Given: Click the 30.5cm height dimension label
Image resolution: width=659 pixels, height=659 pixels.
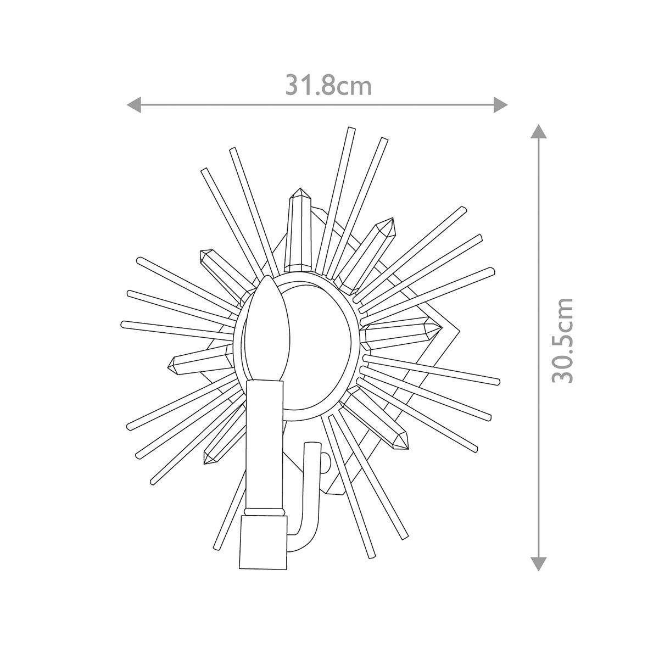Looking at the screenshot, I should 563,340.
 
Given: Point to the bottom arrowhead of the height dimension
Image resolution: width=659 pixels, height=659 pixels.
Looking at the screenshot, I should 538,563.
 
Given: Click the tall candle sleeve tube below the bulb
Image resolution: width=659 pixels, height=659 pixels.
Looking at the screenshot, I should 265,445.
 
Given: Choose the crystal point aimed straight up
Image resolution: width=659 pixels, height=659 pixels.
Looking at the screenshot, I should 300,231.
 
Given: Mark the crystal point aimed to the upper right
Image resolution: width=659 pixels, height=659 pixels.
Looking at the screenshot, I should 368,253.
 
